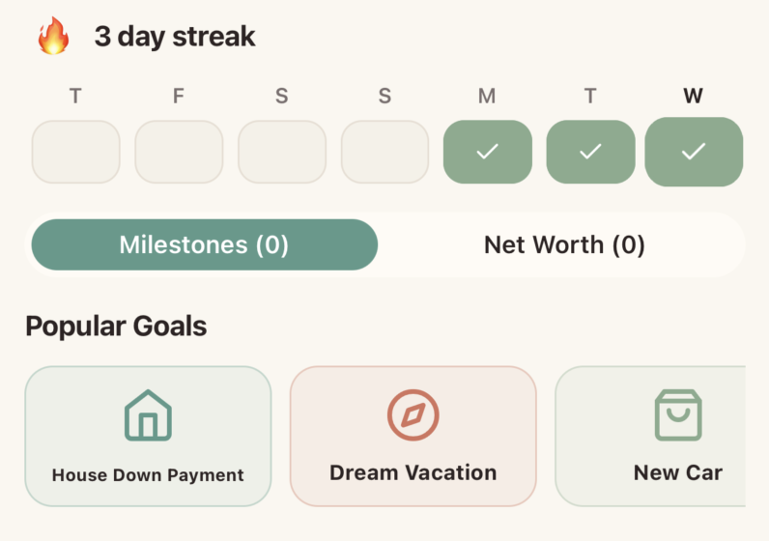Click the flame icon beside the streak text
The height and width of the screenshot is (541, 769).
(53, 37)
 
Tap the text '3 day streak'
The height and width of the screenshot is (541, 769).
(175, 37)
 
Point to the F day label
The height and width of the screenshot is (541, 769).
(179, 96)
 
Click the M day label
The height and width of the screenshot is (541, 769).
(487, 96)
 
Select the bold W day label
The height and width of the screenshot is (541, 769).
(693, 96)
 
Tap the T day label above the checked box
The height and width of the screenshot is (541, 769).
(590, 96)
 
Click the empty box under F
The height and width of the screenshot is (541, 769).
(179, 152)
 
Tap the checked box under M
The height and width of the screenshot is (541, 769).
(487, 152)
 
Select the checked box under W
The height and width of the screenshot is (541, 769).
(694, 152)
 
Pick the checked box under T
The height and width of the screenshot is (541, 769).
(590, 152)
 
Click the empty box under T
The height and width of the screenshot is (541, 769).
(75, 152)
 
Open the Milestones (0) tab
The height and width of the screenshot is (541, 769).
(204, 244)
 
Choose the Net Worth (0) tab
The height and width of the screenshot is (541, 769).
(564, 244)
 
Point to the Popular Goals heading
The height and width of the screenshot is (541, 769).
(116, 327)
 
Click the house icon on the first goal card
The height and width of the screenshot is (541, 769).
(148, 416)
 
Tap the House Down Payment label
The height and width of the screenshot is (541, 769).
(148, 474)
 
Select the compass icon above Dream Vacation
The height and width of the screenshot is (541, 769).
(413, 415)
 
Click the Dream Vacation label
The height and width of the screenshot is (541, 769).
(413, 472)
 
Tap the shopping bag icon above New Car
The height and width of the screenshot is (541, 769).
(677, 415)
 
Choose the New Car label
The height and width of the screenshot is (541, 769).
(677, 472)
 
